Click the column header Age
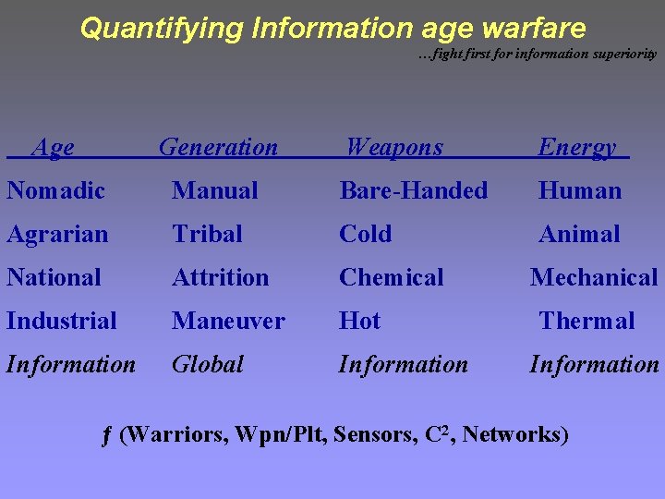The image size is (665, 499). coord(53,147)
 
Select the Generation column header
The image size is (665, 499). coord(218,147)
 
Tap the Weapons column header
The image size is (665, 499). coord(394,147)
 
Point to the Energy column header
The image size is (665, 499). coord(577,147)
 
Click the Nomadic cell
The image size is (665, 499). coord(55,191)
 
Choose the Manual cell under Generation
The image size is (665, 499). coord(215,191)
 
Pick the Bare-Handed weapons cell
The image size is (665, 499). coord(413,191)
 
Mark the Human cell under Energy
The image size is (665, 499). coord(580,191)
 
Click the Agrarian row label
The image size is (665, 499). coord(57,235)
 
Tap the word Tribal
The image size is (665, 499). coord(207,235)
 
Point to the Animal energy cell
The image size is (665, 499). coord(579,235)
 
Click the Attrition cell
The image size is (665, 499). coord(220,277)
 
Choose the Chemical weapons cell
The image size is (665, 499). coord(391,277)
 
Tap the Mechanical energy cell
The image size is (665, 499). coord(594,277)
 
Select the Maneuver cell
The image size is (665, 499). coord(228,321)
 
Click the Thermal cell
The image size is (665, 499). coord(586,321)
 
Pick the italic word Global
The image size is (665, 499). coord(208,364)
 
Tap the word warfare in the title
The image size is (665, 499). coord(529,28)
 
